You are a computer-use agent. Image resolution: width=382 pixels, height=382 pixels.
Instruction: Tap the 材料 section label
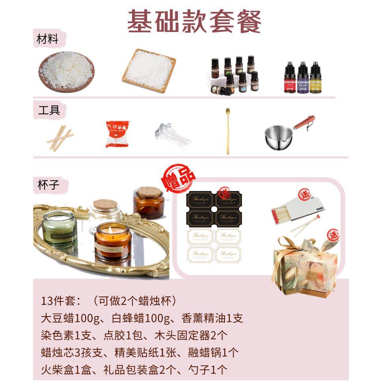pos(48,40)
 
